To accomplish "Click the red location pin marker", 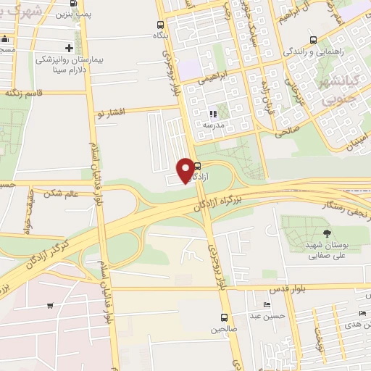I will coord(185,170).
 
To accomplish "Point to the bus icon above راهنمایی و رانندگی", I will coord(312,40).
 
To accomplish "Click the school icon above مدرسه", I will coord(212,114).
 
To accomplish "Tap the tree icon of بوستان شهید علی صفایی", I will coord(326,233).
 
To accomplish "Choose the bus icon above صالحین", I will coord(223,317).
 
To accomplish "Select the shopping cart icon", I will coord(49,306).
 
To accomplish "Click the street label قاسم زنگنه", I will coord(25,93).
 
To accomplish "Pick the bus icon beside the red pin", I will coord(197,166).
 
